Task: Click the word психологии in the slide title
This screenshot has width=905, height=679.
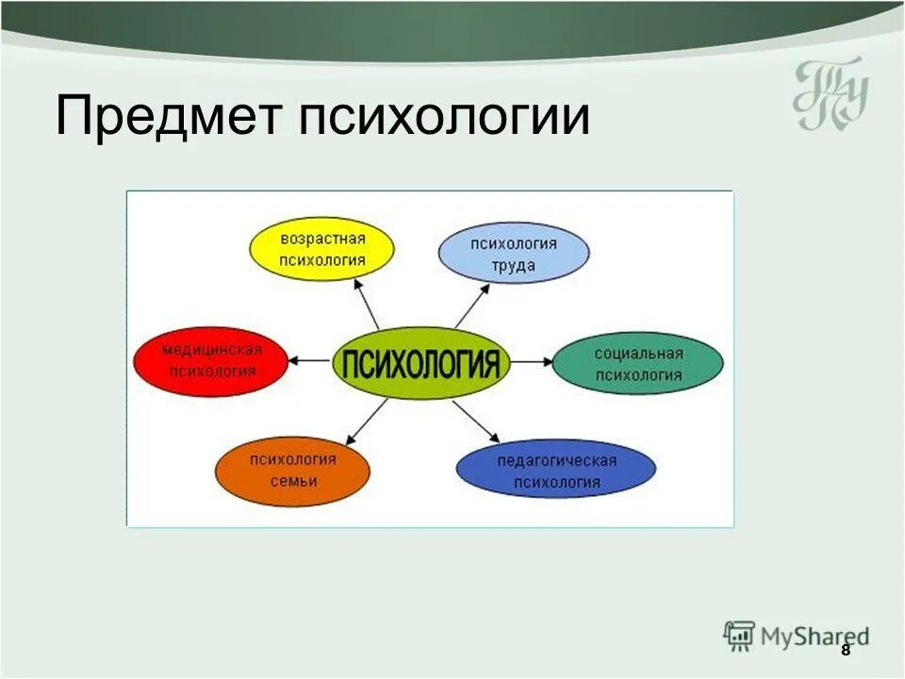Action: coord(444,118)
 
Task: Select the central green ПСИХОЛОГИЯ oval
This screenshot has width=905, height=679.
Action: coord(420,362)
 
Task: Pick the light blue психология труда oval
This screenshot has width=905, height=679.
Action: coord(514,254)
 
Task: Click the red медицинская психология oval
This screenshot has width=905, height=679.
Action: coord(211,360)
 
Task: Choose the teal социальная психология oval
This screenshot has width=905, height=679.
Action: coord(637,364)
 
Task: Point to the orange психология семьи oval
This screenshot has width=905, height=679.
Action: coord(292,471)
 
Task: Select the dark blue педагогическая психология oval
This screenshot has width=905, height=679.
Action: coord(556,471)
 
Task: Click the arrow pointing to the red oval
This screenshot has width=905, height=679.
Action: coord(310,360)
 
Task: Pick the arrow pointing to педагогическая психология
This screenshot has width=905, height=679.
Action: coord(476,422)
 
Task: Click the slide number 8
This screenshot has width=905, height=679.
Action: coord(846,651)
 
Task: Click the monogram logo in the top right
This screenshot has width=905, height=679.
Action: coord(829,95)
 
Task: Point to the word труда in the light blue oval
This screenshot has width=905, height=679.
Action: coord(514,266)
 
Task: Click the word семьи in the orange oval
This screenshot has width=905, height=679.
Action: coord(292,482)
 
